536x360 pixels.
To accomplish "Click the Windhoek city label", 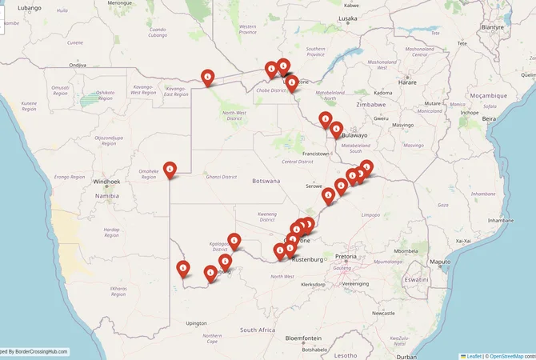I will coord(106,182).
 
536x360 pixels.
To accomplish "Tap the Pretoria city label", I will coord(346,256).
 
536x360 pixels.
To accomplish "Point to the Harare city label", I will coord(407,82).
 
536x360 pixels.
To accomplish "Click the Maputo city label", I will coord(440,262).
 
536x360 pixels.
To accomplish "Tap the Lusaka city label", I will coord(347,18).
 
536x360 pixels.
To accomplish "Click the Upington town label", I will coord(196,323).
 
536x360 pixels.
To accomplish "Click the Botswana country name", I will coord(266,181).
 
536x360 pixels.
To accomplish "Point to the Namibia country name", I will coord(106,195).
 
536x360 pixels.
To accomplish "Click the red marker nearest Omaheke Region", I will coord(170,169).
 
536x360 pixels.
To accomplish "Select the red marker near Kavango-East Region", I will coord(208,77).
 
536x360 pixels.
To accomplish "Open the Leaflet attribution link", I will coord(473,355).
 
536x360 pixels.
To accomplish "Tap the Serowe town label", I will coord(313,186).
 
